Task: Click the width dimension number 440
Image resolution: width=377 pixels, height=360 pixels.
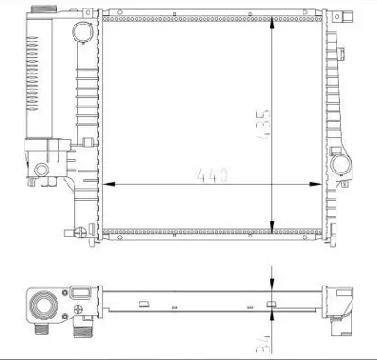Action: coord(210,173)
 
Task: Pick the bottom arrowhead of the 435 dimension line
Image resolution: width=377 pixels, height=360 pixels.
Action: coord(273,225)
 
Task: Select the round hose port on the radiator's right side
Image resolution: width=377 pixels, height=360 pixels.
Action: coord(341,168)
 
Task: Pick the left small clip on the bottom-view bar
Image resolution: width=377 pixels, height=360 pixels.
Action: coord(142,304)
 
